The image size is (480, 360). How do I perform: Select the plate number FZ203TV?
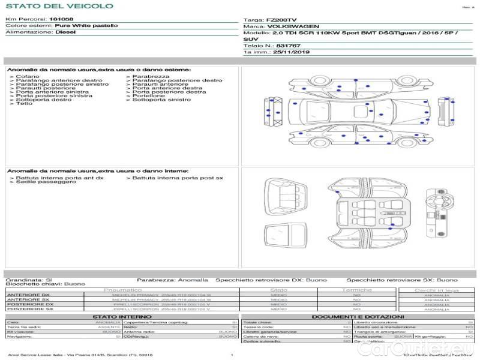click(x=281, y=20)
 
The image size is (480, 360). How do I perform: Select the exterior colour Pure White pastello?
click(x=86, y=26)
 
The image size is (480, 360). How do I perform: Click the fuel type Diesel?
click(x=65, y=32)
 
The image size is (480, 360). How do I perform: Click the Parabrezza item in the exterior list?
click(x=151, y=76)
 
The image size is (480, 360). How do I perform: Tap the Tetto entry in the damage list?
click(x=24, y=104)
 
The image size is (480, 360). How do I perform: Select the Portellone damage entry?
click(x=148, y=95)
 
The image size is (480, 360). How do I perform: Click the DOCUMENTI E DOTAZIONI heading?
click(x=358, y=317)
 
